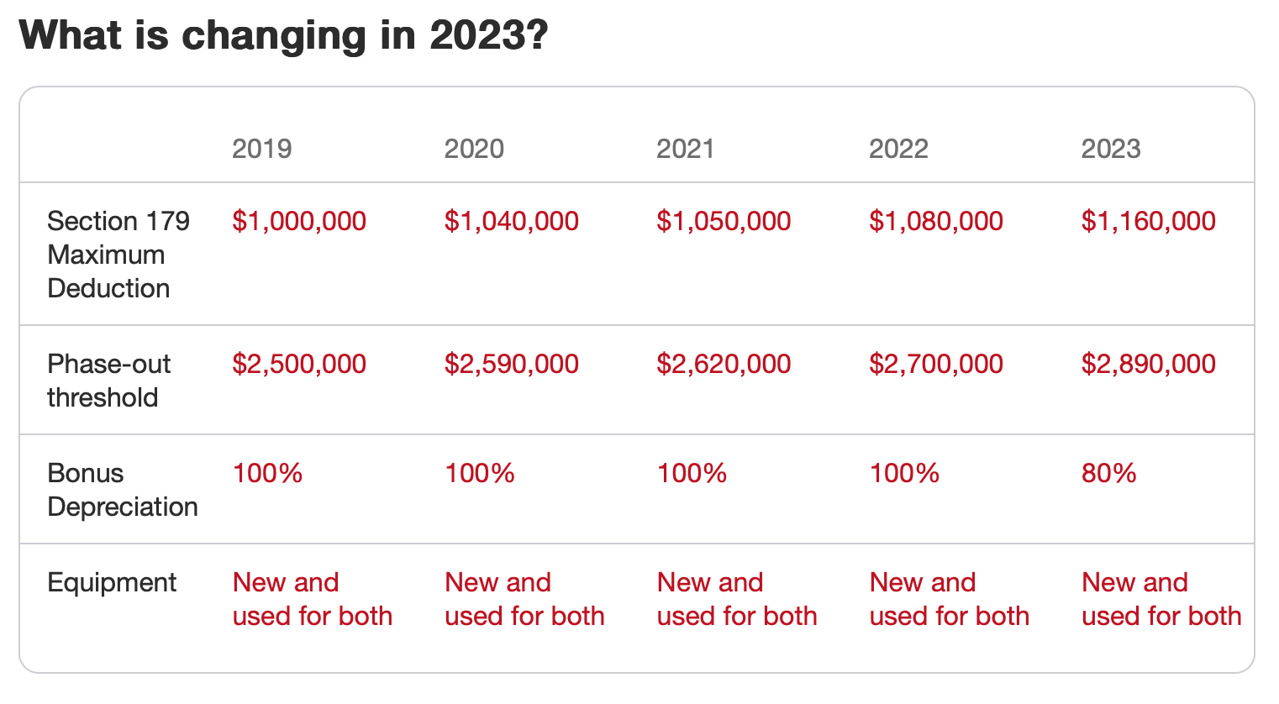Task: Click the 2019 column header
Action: click(261, 149)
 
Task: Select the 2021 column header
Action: click(685, 149)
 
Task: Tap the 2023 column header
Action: click(1110, 149)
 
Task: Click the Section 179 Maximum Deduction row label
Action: click(118, 255)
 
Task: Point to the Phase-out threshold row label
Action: click(108, 381)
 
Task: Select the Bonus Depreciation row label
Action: click(123, 490)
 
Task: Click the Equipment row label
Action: click(112, 582)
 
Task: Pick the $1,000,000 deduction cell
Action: click(299, 221)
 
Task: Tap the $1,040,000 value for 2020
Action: click(511, 221)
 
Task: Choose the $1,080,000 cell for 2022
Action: click(935, 221)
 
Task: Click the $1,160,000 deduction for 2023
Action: click(1148, 221)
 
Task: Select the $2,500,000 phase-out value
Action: click(299, 364)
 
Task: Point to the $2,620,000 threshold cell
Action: click(724, 364)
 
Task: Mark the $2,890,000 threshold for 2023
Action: click(1148, 364)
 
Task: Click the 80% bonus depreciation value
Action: click(1108, 473)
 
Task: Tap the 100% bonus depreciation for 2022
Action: click(904, 473)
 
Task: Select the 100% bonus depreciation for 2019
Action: click(267, 473)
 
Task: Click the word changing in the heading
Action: click(274, 35)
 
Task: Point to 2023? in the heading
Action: click(488, 35)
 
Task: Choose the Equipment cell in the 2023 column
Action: click(1161, 599)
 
